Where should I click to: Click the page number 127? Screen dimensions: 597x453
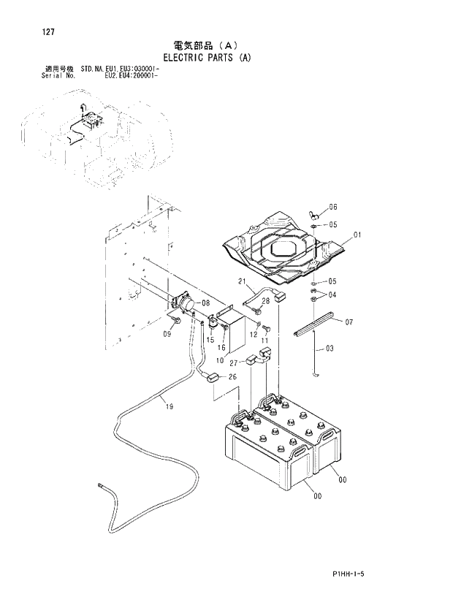tap(29, 31)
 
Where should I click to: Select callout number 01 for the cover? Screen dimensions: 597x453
tap(357, 235)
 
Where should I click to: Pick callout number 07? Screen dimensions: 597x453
tap(349, 322)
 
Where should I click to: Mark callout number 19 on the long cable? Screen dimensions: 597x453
tap(170, 406)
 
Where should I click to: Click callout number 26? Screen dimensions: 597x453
tap(232, 377)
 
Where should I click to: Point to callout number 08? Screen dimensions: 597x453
tap(205, 303)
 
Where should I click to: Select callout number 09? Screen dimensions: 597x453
tap(167, 335)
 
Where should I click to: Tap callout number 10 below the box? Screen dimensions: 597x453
tap(220, 361)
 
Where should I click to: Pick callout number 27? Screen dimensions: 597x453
tap(235, 363)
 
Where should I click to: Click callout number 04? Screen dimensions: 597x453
tap(332, 294)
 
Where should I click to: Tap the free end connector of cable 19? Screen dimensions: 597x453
tap(101, 483)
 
